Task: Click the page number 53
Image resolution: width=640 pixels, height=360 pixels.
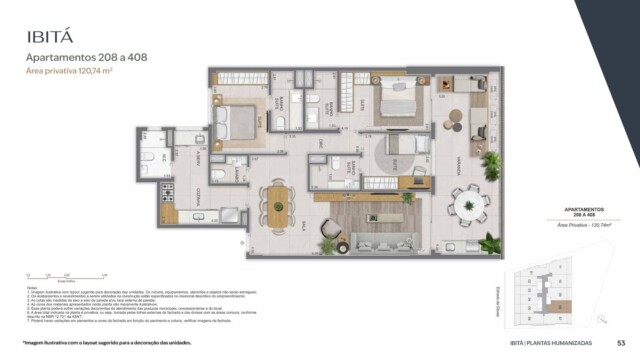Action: [620, 343]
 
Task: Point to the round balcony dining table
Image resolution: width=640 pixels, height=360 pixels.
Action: [467, 205]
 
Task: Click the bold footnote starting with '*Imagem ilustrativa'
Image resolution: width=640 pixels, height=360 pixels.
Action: [110, 343]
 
